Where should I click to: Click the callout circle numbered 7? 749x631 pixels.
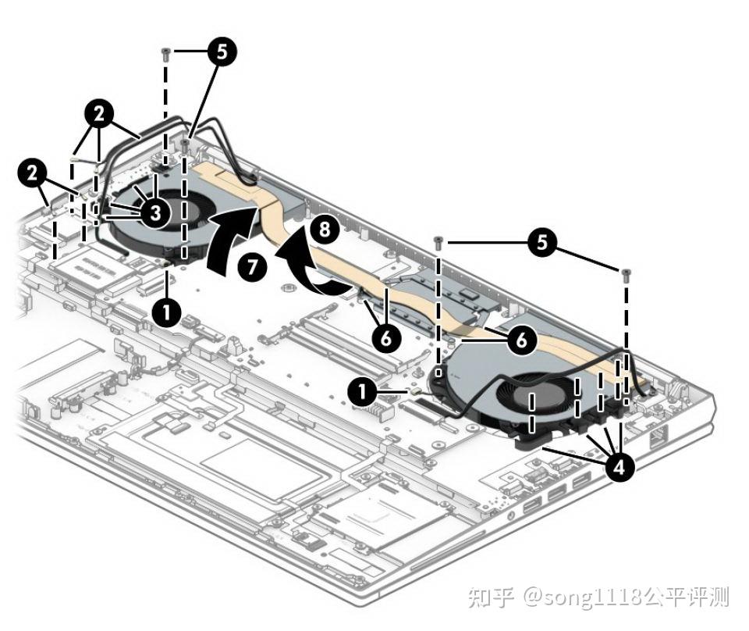[253, 266]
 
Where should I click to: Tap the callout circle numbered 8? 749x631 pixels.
[325, 229]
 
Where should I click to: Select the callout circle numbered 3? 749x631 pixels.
[155, 212]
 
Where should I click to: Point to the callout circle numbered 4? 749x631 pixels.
[619, 466]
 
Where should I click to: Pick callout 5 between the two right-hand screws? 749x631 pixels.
[542, 242]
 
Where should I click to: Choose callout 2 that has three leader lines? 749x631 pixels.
[99, 114]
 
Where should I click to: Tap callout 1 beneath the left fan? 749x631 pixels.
[166, 312]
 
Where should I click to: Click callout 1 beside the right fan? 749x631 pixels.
[363, 392]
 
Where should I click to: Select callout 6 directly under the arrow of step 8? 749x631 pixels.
[386, 337]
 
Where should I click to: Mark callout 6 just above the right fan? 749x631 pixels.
[522, 340]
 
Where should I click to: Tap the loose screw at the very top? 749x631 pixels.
[165, 54]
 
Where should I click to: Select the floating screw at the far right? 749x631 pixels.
[626, 275]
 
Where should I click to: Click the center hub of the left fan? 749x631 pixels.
[175, 209]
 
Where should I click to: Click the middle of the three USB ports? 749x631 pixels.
[557, 493]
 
